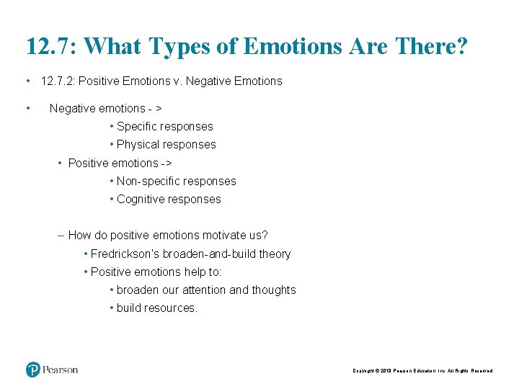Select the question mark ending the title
[x=461, y=48]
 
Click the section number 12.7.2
[x=62, y=81]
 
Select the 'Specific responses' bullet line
[x=164, y=126]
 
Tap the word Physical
[x=138, y=144]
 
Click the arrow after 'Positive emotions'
[x=167, y=163]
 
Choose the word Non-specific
[x=147, y=181]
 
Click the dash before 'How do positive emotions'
[x=61, y=235]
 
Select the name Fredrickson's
[x=125, y=254]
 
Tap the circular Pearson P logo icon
[x=32, y=370]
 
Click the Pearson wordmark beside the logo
[x=61, y=370]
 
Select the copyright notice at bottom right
[x=422, y=370]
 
